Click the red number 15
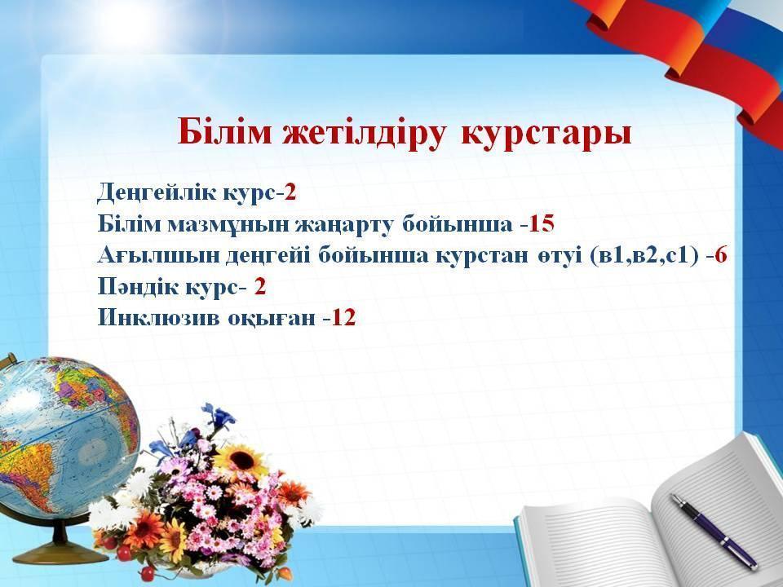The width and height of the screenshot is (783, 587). click(x=542, y=224)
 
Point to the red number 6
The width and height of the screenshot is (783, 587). click(x=720, y=255)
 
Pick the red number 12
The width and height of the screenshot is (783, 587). click(x=343, y=318)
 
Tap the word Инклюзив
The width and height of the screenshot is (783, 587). click(x=158, y=318)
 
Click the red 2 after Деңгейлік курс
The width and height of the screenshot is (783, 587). click(x=290, y=192)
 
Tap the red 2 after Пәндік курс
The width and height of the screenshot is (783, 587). click(x=259, y=287)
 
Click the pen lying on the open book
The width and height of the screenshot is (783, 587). click(x=714, y=531)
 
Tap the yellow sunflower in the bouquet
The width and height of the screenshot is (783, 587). click(x=241, y=460)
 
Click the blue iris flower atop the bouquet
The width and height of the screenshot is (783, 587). click(x=219, y=417)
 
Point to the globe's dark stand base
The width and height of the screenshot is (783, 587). click(x=60, y=553)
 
